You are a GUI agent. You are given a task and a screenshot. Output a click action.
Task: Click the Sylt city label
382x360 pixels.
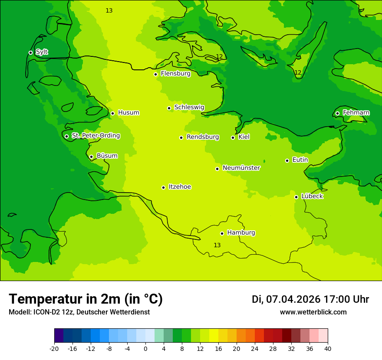coord(42,52)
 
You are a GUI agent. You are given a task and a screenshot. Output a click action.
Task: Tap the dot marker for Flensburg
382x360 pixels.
coord(155,74)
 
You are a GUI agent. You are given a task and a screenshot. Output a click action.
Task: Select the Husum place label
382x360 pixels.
coord(128,113)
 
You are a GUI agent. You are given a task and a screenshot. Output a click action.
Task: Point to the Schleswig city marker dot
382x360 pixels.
coord(169,108)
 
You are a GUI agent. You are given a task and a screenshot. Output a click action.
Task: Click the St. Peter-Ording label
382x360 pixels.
coord(95,136)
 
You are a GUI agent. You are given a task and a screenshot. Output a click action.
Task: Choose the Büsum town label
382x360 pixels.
coord(107,156)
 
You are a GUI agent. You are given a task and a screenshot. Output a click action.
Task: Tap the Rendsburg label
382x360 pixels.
coord(203,137)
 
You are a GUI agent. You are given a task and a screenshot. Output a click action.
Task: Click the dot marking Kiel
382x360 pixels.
coord(233,137)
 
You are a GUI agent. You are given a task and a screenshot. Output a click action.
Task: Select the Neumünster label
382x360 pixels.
coord(241,168)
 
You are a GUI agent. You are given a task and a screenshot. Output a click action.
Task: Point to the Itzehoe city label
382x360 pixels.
coord(180,187)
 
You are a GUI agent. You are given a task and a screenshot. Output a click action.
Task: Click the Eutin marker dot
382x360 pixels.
coord(287,160)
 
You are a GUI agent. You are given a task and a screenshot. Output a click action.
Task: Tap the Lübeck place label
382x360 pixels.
coord(312,196)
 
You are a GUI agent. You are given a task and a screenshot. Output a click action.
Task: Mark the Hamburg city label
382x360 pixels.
coord(241,233)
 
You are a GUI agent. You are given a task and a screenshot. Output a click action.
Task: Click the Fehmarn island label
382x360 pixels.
coord(356,113)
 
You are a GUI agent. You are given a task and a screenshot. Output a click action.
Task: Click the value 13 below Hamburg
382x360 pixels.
coord(217,245)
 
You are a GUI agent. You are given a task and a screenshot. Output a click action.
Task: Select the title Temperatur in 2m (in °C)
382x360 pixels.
coord(86,299)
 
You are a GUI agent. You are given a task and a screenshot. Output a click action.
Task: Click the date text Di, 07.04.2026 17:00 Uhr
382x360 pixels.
coord(310,299)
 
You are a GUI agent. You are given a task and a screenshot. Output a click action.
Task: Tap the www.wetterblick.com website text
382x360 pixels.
coord(313,312)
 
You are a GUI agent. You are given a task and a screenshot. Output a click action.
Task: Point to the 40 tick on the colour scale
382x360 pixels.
coord(327,349)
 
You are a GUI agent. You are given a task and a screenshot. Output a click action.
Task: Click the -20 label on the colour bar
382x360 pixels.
coord(54,349)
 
